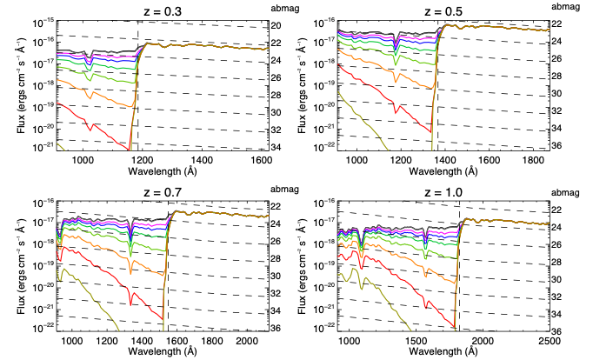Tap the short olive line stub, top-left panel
click(60, 145)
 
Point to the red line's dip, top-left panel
click(90, 130)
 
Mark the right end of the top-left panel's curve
click(268, 48)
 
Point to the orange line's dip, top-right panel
click(396, 81)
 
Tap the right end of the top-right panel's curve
click(550, 30)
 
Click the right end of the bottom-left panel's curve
click(268, 216)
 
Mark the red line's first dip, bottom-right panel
click(362, 265)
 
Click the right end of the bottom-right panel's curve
click(550, 223)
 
